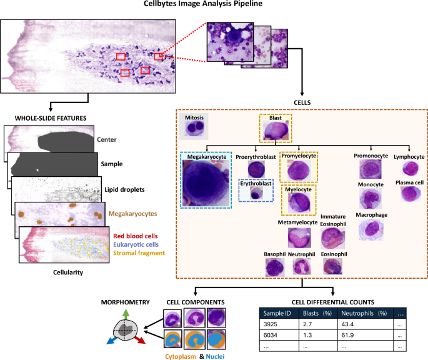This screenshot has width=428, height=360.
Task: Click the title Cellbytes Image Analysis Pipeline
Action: point(214,6)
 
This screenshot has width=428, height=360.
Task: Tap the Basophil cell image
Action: point(276,266)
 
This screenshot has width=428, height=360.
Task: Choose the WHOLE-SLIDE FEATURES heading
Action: point(44,118)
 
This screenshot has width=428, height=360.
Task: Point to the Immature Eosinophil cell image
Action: point(332,238)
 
